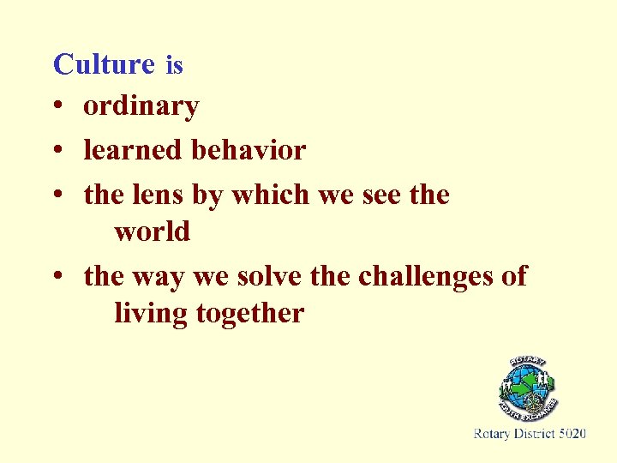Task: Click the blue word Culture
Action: pos(103,64)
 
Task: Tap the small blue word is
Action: pos(174,65)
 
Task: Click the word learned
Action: pos(134,151)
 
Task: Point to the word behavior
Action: pos(249,151)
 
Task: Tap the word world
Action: pos(152,231)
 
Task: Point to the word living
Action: pos(151,314)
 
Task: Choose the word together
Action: pos(249,314)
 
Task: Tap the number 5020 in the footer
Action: pos(572,434)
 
